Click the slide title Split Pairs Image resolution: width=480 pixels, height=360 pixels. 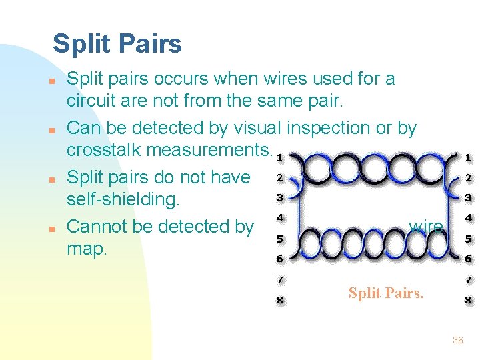coord(117,44)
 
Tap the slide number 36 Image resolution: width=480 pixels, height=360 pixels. coord(457,340)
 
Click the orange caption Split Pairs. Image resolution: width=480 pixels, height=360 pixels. coord(385,292)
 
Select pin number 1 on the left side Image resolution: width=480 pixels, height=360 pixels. coord(279,157)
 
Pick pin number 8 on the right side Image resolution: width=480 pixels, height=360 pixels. coord(469,300)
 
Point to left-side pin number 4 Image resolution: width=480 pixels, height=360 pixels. coord(280,217)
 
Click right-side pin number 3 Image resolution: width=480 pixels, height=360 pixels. coord(469,197)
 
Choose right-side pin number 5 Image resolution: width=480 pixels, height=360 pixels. coord(469,238)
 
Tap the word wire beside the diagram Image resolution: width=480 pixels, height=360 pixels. coord(425,227)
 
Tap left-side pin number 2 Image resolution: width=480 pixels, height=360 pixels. coord(280,177)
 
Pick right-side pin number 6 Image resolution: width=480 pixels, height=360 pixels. coord(469,259)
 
